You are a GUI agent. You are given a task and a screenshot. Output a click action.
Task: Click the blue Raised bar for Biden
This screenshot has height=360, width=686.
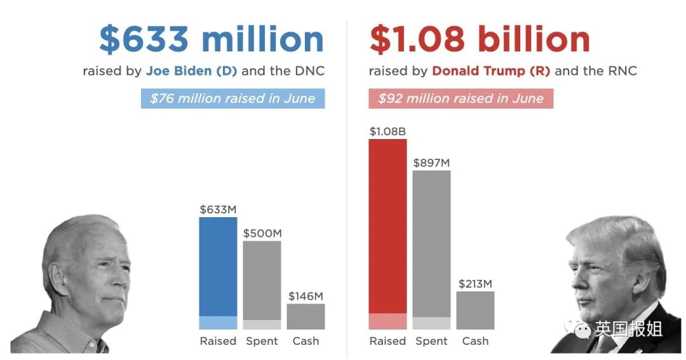tap(218, 270)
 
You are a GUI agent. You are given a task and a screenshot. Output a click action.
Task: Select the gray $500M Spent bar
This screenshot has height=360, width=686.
tap(262, 283)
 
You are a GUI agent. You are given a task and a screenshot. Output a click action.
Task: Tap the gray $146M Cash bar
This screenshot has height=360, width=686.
tap(306, 316)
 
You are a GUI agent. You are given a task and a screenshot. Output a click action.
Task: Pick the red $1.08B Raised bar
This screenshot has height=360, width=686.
tap(387, 229)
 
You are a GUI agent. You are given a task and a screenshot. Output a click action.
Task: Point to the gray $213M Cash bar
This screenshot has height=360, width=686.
tap(475, 310)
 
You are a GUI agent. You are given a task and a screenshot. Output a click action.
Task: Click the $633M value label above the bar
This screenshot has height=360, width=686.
tap(218, 209)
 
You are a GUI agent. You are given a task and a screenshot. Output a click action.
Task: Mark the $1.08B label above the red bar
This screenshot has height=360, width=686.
tap(387, 131)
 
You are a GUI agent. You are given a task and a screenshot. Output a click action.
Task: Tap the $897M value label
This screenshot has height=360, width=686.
tap(431, 163)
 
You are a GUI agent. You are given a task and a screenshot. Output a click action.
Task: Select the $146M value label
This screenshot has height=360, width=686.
tap(306, 296)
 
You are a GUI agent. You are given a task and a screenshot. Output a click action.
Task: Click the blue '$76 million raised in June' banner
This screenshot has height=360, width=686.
tap(232, 98)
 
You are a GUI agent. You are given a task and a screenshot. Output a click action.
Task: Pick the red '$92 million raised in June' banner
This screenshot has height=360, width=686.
tap(461, 98)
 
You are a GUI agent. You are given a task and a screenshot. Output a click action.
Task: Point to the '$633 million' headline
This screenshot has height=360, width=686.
tap(212, 39)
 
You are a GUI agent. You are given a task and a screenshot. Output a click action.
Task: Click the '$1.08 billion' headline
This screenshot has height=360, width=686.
tap(480, 39)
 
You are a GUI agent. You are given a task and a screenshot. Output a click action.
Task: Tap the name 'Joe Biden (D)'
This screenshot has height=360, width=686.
tap(191, 70)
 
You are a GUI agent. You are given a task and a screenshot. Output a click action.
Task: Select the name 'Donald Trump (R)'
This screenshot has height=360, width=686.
tap(491, 70)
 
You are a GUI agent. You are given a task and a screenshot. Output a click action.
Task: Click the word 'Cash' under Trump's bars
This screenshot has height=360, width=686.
tap(475, 341)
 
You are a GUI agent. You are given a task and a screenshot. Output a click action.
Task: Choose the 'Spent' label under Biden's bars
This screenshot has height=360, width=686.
tap(262, 341)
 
